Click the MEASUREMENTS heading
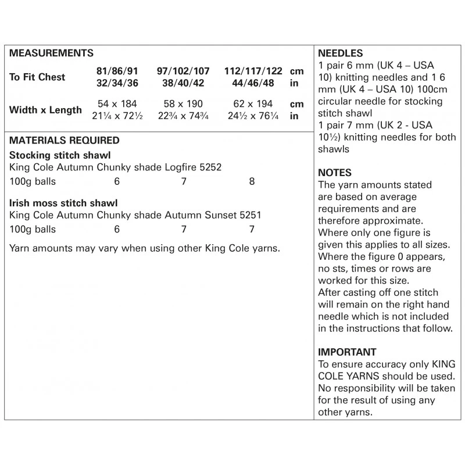(x=52, y=53)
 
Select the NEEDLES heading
(x=341, y=53)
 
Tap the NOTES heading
(x=335, y=173)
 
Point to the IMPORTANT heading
(x=348, y=352)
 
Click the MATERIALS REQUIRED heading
(x=65, y=141)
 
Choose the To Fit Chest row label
(x=37, y=77)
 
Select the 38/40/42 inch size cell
(x=183, y=83)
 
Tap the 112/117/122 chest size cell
(x=253, y=71)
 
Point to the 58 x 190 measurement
(x=183, y=104)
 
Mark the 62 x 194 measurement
(x=253, y=104)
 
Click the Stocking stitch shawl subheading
(x=60, y=156)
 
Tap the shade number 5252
(x=210, y=167)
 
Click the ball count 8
(x=252, y=181)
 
